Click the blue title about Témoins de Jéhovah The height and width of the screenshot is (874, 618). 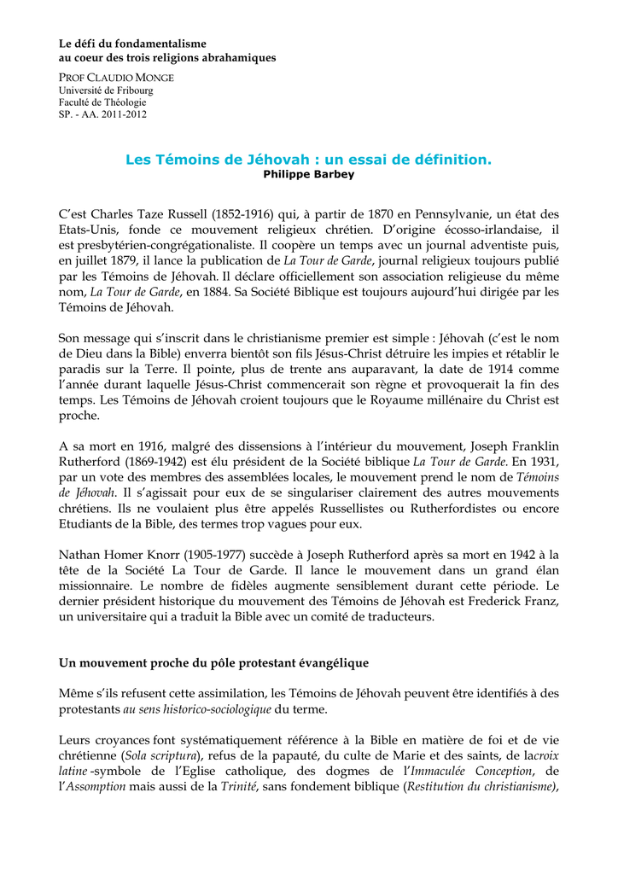(309, 159)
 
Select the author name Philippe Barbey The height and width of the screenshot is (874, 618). (309, 174)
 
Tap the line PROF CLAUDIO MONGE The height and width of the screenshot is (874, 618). (116, 78)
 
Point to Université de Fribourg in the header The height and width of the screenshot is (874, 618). (106, 90)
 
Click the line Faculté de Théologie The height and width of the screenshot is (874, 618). (102, 102)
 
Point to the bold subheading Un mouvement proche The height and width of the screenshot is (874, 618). (213, 663)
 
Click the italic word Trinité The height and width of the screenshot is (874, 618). (240, 787)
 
